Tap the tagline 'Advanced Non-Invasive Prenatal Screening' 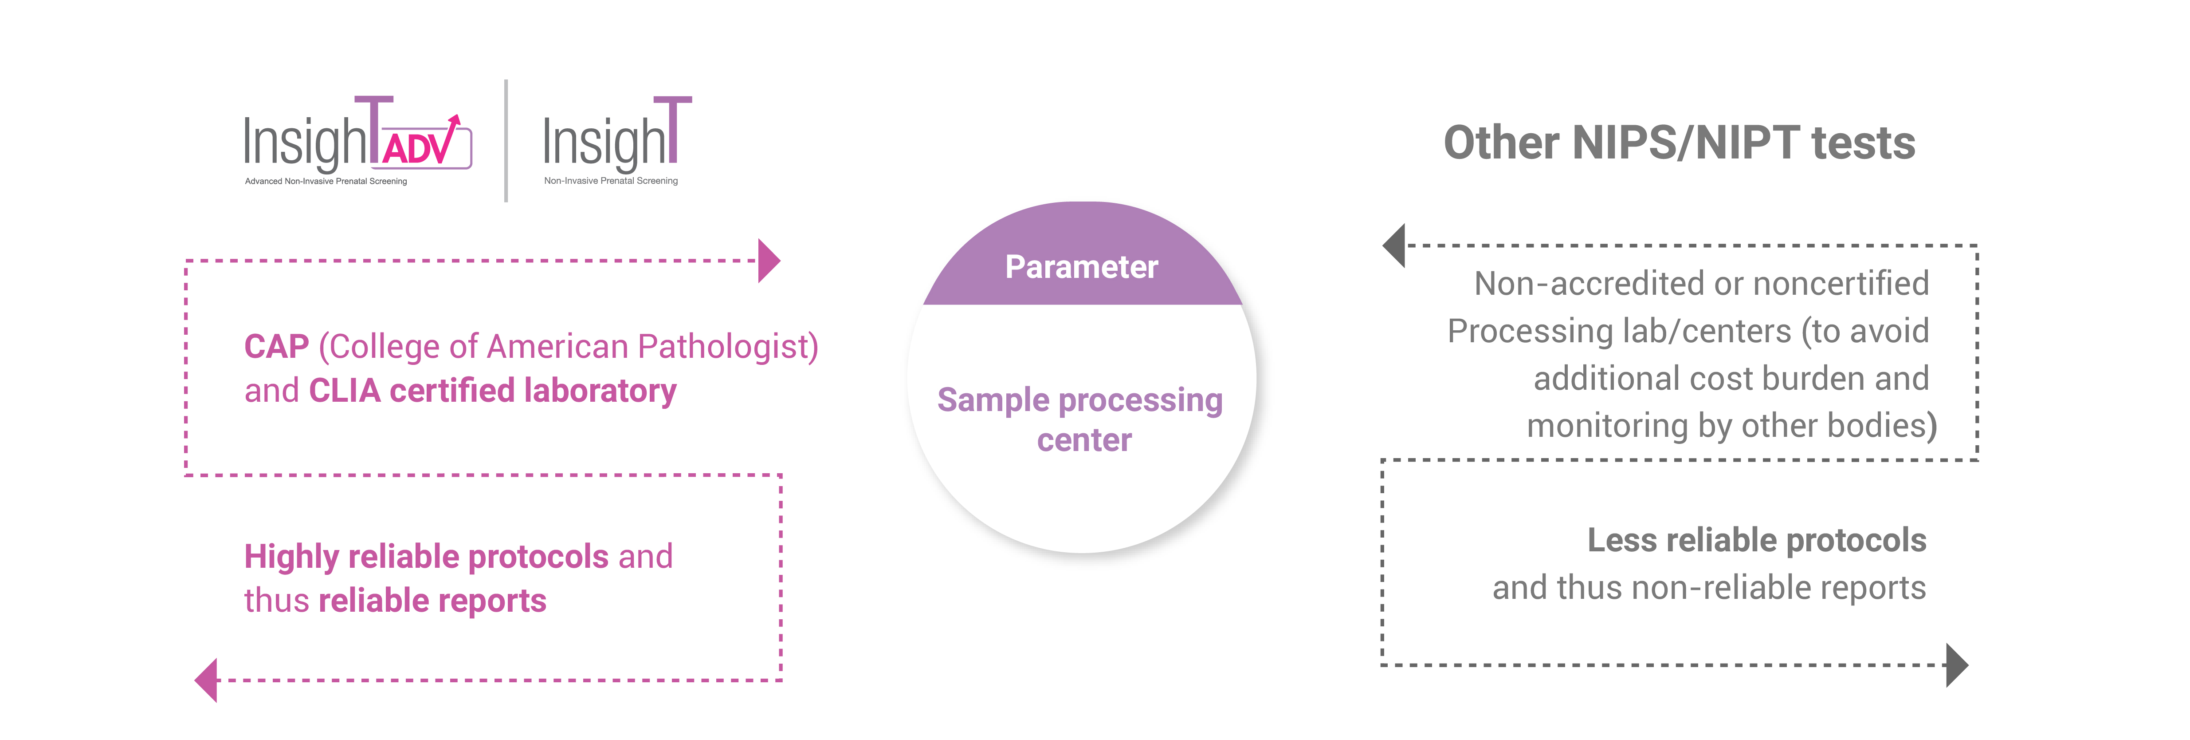[x=326, y=181]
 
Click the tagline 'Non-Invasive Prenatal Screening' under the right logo [x=610, y=180]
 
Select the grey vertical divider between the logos [x=506, y=140]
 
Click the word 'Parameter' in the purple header [x=1081, y=267]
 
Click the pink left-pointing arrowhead [x=207, y=680]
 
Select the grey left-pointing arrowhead [x=1394, y=246]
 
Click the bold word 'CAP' [x=276, y=347]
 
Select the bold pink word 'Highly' [x=292, y=557]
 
